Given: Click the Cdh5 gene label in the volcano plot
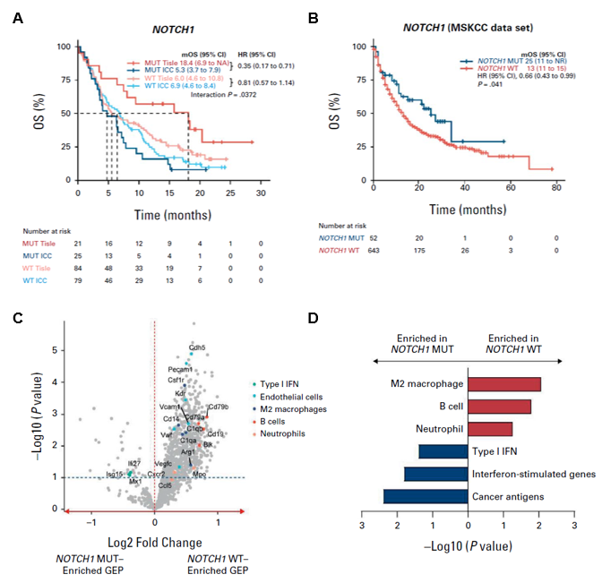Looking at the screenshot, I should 196,348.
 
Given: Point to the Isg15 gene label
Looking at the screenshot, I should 116,475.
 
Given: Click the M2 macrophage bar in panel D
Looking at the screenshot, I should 504,383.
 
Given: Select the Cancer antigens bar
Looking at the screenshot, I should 426,496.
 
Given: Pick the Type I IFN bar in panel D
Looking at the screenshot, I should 443,451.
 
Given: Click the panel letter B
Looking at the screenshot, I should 313,17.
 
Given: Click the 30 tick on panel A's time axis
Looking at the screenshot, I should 261,192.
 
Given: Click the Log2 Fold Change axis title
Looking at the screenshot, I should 156,542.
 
